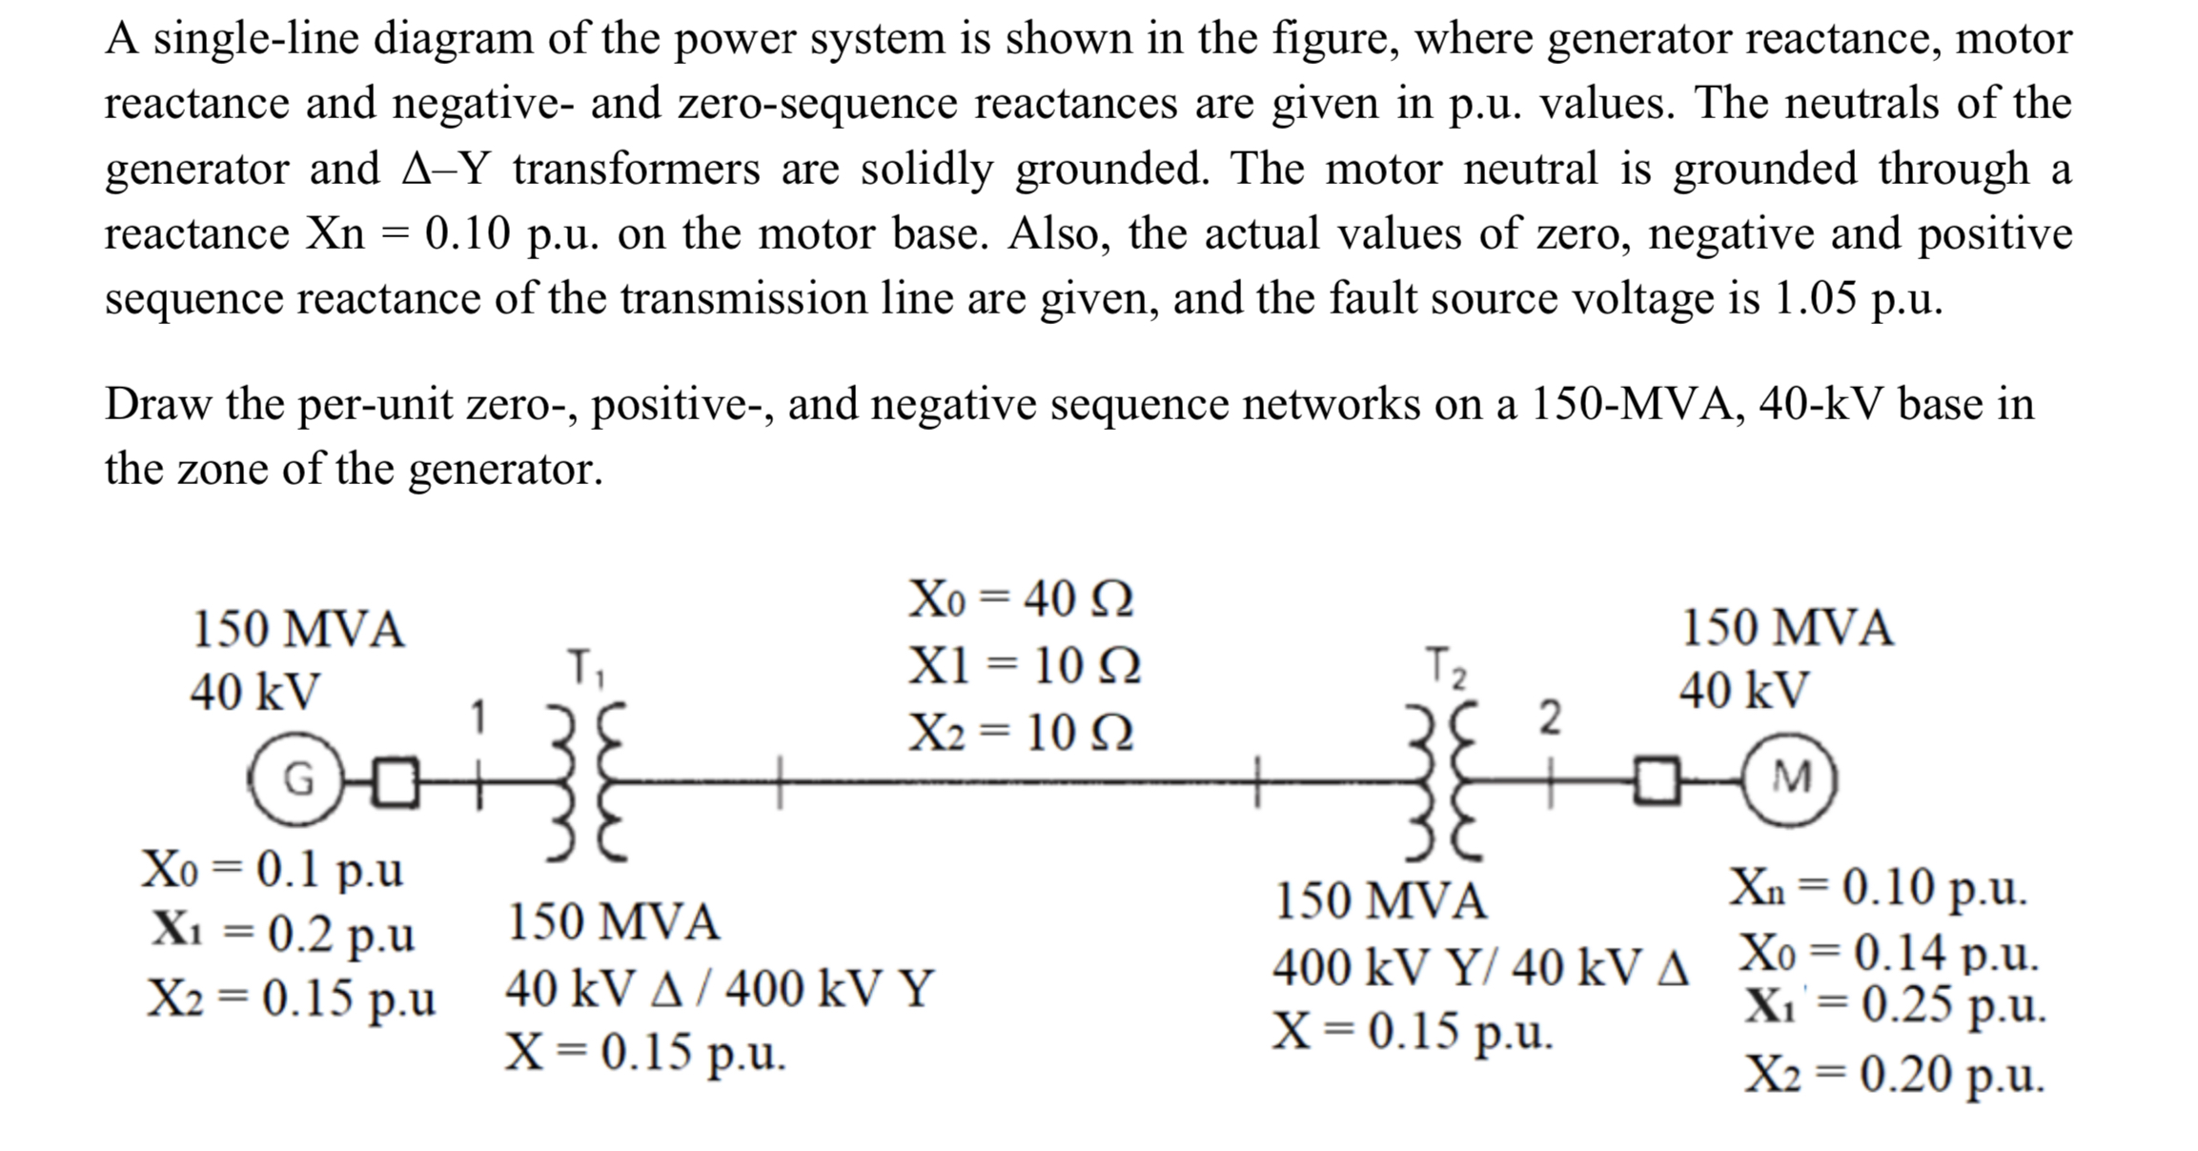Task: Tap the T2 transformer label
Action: click(x=1445, y=667)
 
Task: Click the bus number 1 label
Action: click(x=480, y=717)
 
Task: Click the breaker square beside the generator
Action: click(x=397, y=781)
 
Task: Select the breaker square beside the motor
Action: click(x=1659, y=780)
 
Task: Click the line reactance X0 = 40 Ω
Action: click(x=1021, y=599)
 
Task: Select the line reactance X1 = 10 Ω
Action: click(x=1024, y=665)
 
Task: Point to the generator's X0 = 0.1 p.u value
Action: click(x=273, y=869)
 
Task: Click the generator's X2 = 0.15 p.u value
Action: click(x=291, y=998)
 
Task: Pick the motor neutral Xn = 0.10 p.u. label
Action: click(x=1878, y=888)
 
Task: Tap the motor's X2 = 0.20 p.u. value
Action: click(x=1895, y=1075)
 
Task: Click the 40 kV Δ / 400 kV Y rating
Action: click(x=720, y=988)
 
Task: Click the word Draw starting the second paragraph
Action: click(x=157, y=404)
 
